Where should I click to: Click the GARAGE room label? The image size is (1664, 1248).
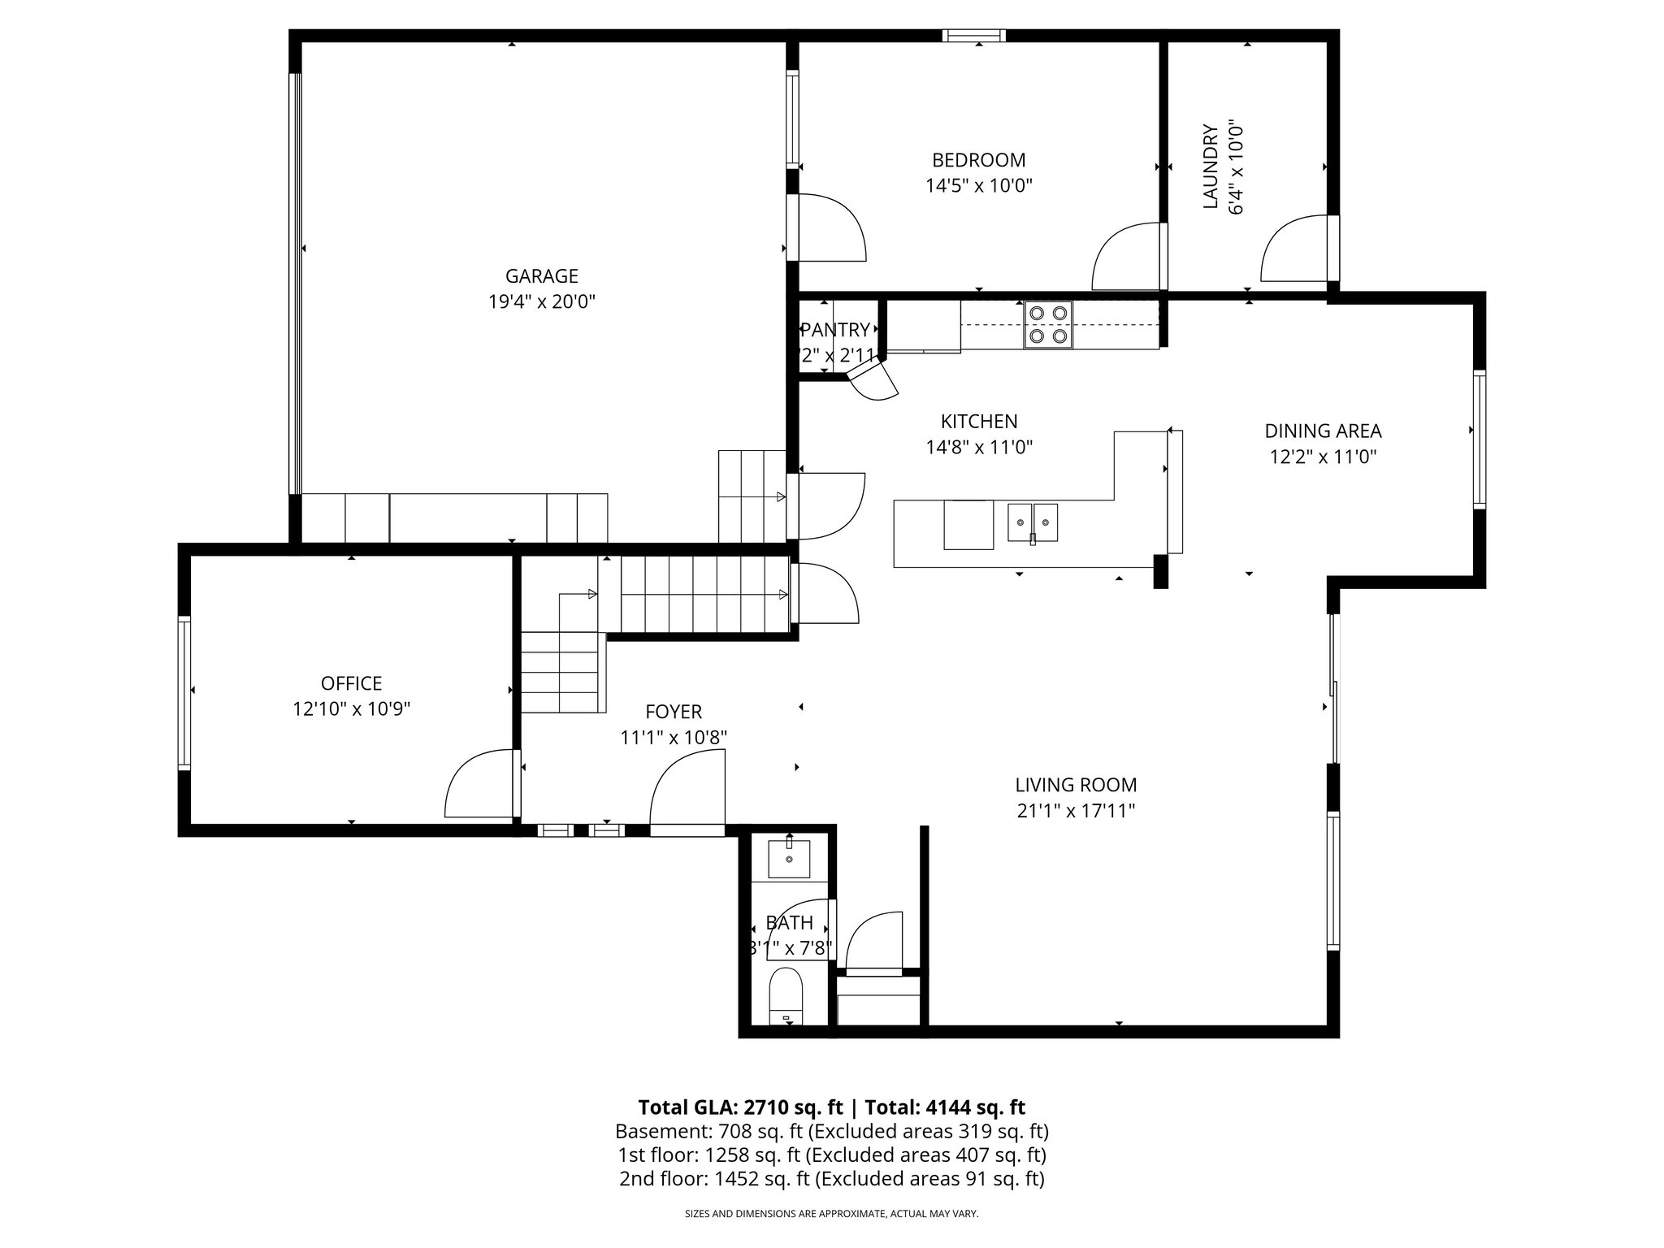coord(541,276)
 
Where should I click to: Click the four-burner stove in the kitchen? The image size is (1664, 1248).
coord(1047,324)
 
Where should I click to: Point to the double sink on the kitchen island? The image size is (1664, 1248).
coord(1033,522)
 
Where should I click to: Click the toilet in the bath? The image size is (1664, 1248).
coord(786,997)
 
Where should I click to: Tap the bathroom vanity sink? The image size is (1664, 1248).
coord(789,860)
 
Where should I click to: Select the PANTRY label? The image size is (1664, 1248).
coord(835,330)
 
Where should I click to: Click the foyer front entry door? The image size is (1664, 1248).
coord(687,792)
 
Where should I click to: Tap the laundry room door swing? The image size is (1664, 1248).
coord(1293,249)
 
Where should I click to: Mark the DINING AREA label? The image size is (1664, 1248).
coord(1323,431)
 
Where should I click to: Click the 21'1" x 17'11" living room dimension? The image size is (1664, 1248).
coord(1075,811)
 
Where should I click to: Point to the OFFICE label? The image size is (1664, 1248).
coord(351,683)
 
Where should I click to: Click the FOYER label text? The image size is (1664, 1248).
coord(673,713)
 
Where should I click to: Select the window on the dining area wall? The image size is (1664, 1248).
coord(1480,440)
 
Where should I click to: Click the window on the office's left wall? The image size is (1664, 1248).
coord(184,693)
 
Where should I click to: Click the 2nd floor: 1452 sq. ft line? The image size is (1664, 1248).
coord(831,1179)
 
